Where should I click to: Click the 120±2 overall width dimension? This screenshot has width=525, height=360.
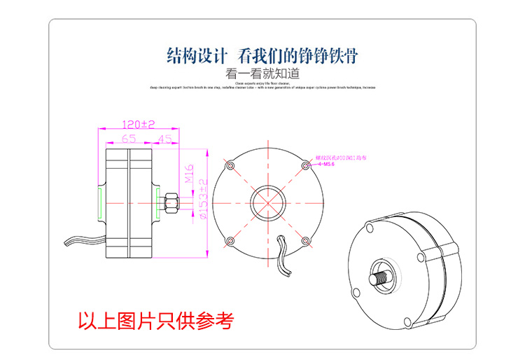tap(138, 124)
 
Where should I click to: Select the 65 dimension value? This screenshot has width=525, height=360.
tap(128, 139)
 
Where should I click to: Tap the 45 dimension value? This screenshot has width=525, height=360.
tap(165, 139)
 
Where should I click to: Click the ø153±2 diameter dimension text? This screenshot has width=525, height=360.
tap(203, 200)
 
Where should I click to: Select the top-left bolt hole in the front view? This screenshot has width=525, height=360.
tap(230, 165)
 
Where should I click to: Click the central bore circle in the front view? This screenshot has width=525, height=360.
tap(267, 203)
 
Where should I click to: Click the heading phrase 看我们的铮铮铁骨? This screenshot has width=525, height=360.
tap(298, 55)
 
